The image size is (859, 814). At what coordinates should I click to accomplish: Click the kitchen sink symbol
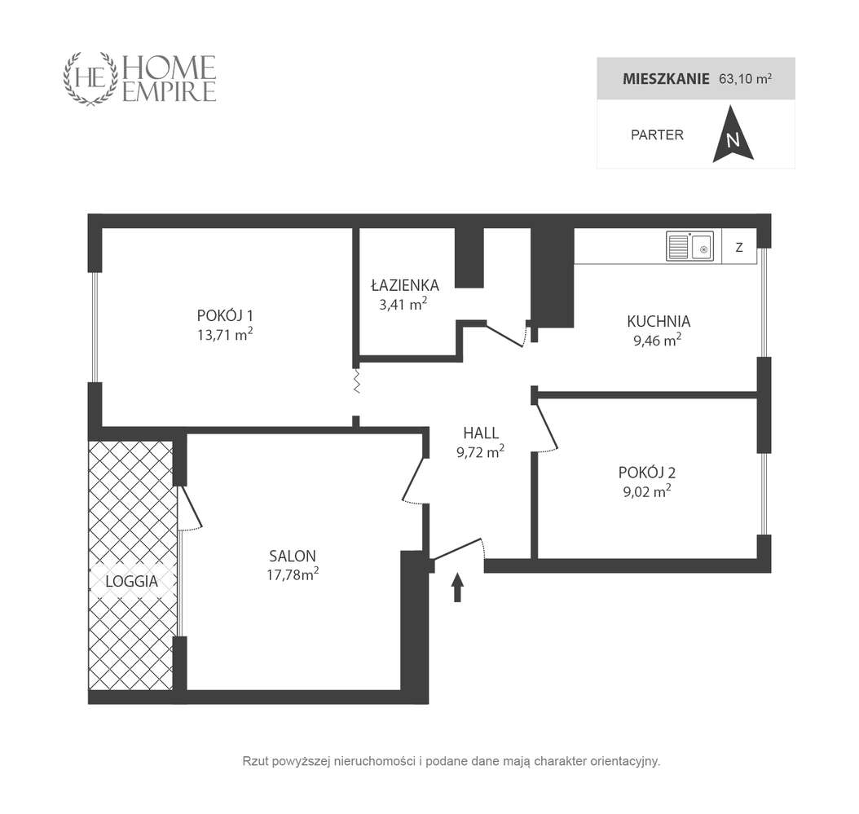(689, 246)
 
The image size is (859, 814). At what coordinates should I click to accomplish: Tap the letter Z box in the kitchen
(739, 247)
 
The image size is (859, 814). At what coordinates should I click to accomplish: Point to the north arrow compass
(733, 134)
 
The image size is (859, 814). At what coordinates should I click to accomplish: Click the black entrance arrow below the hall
(457, 587)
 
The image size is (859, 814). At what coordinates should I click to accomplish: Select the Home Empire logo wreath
(91, 79)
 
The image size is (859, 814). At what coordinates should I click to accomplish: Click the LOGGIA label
(131, 581)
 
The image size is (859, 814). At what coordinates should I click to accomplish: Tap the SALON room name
(293, 556)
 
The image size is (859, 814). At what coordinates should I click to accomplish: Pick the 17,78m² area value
(293, 574)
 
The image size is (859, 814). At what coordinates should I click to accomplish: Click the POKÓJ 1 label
(225, 315)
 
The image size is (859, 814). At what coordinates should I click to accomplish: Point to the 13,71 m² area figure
(225, 334)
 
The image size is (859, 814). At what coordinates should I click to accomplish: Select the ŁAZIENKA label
(405, 285)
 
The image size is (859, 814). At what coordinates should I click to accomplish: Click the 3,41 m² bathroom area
(403, 303)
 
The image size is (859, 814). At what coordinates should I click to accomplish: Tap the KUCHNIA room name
(659, 321)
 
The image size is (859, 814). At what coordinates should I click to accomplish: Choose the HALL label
(481, 433)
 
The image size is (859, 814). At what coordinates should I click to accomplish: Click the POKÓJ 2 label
(647, 473)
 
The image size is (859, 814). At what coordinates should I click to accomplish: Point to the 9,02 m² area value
(647, 491)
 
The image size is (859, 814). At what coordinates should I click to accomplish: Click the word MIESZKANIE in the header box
(666, 79)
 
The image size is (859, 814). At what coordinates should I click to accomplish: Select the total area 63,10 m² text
(746, 79)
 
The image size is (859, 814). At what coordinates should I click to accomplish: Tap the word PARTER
(657, 134)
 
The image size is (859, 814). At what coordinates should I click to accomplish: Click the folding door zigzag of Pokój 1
(357, 381)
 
